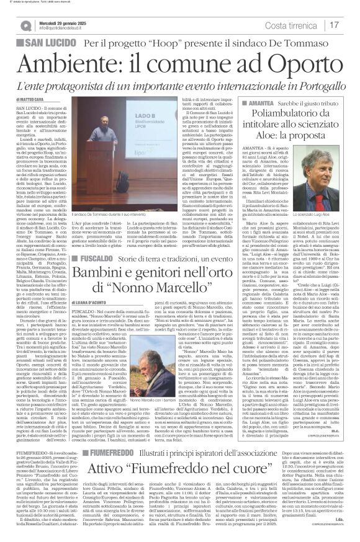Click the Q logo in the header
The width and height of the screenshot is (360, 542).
click(x=25, y=25)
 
